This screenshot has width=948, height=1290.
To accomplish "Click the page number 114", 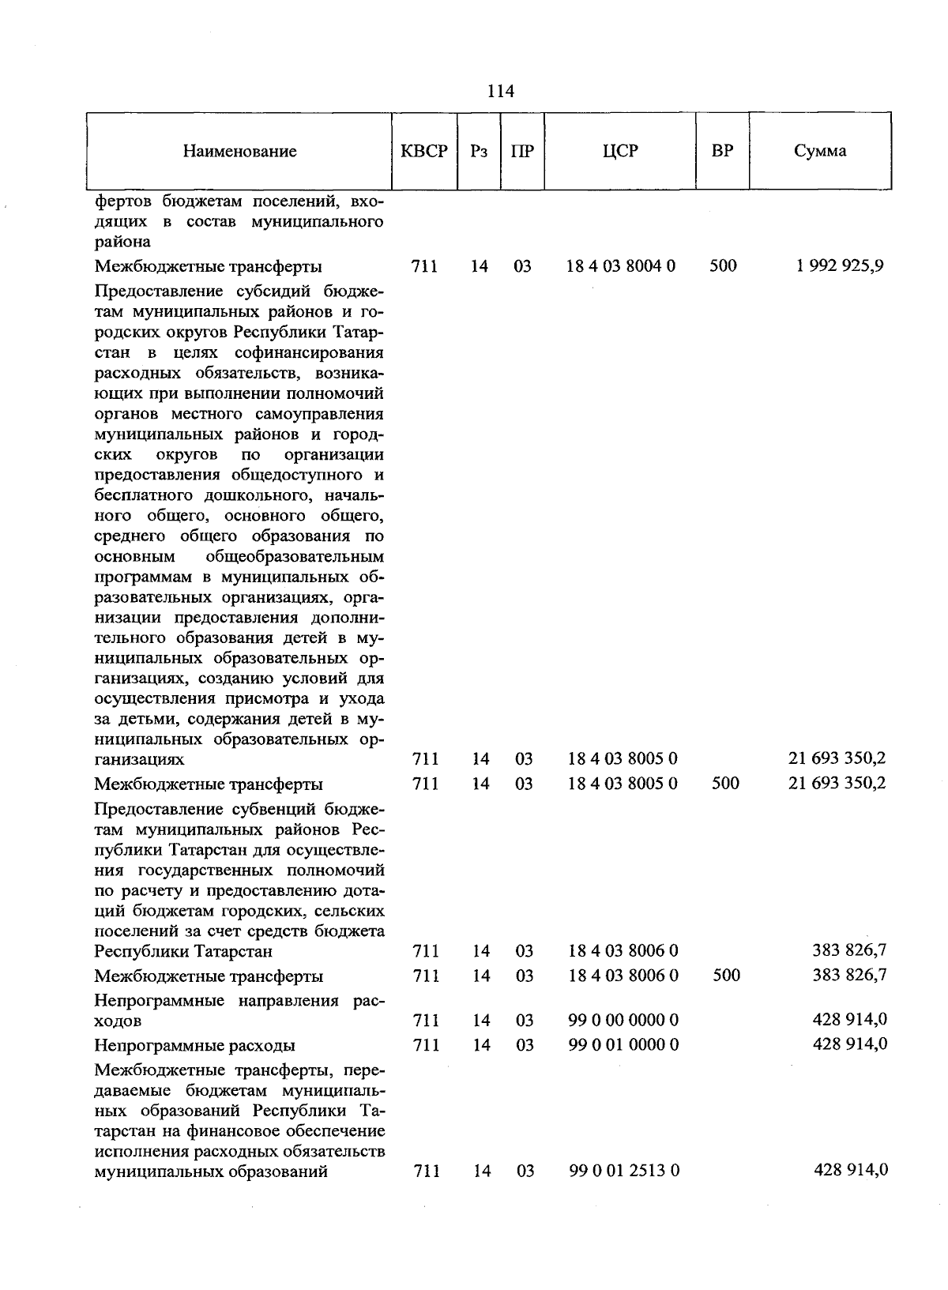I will coord(500,92).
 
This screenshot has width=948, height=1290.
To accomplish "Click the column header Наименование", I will coord(239,151).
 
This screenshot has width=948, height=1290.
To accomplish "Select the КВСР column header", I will coord(425,151).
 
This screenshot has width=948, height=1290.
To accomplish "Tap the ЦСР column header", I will coord(619,151).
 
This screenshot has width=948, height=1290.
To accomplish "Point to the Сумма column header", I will coord(820,151).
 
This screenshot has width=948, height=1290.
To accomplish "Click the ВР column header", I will coord(722,151).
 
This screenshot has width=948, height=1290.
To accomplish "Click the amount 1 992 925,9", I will coord(840,265).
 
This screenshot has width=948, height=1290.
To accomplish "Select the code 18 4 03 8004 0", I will coord(621,266).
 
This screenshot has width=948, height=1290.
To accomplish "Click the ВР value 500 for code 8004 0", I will coord(723,266).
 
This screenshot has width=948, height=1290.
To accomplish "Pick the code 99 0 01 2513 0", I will coord(624,1170).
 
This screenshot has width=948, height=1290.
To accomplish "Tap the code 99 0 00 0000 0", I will coord(623,1020).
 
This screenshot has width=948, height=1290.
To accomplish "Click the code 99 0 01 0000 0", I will coord(623,1044).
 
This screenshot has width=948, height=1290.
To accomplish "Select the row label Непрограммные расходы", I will coord(194,1045).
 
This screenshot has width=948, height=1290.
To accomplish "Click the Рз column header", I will coord(479,151).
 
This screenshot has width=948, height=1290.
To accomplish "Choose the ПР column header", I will coord(522,151).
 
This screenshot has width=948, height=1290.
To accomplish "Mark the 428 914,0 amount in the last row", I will coord(850,1169).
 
